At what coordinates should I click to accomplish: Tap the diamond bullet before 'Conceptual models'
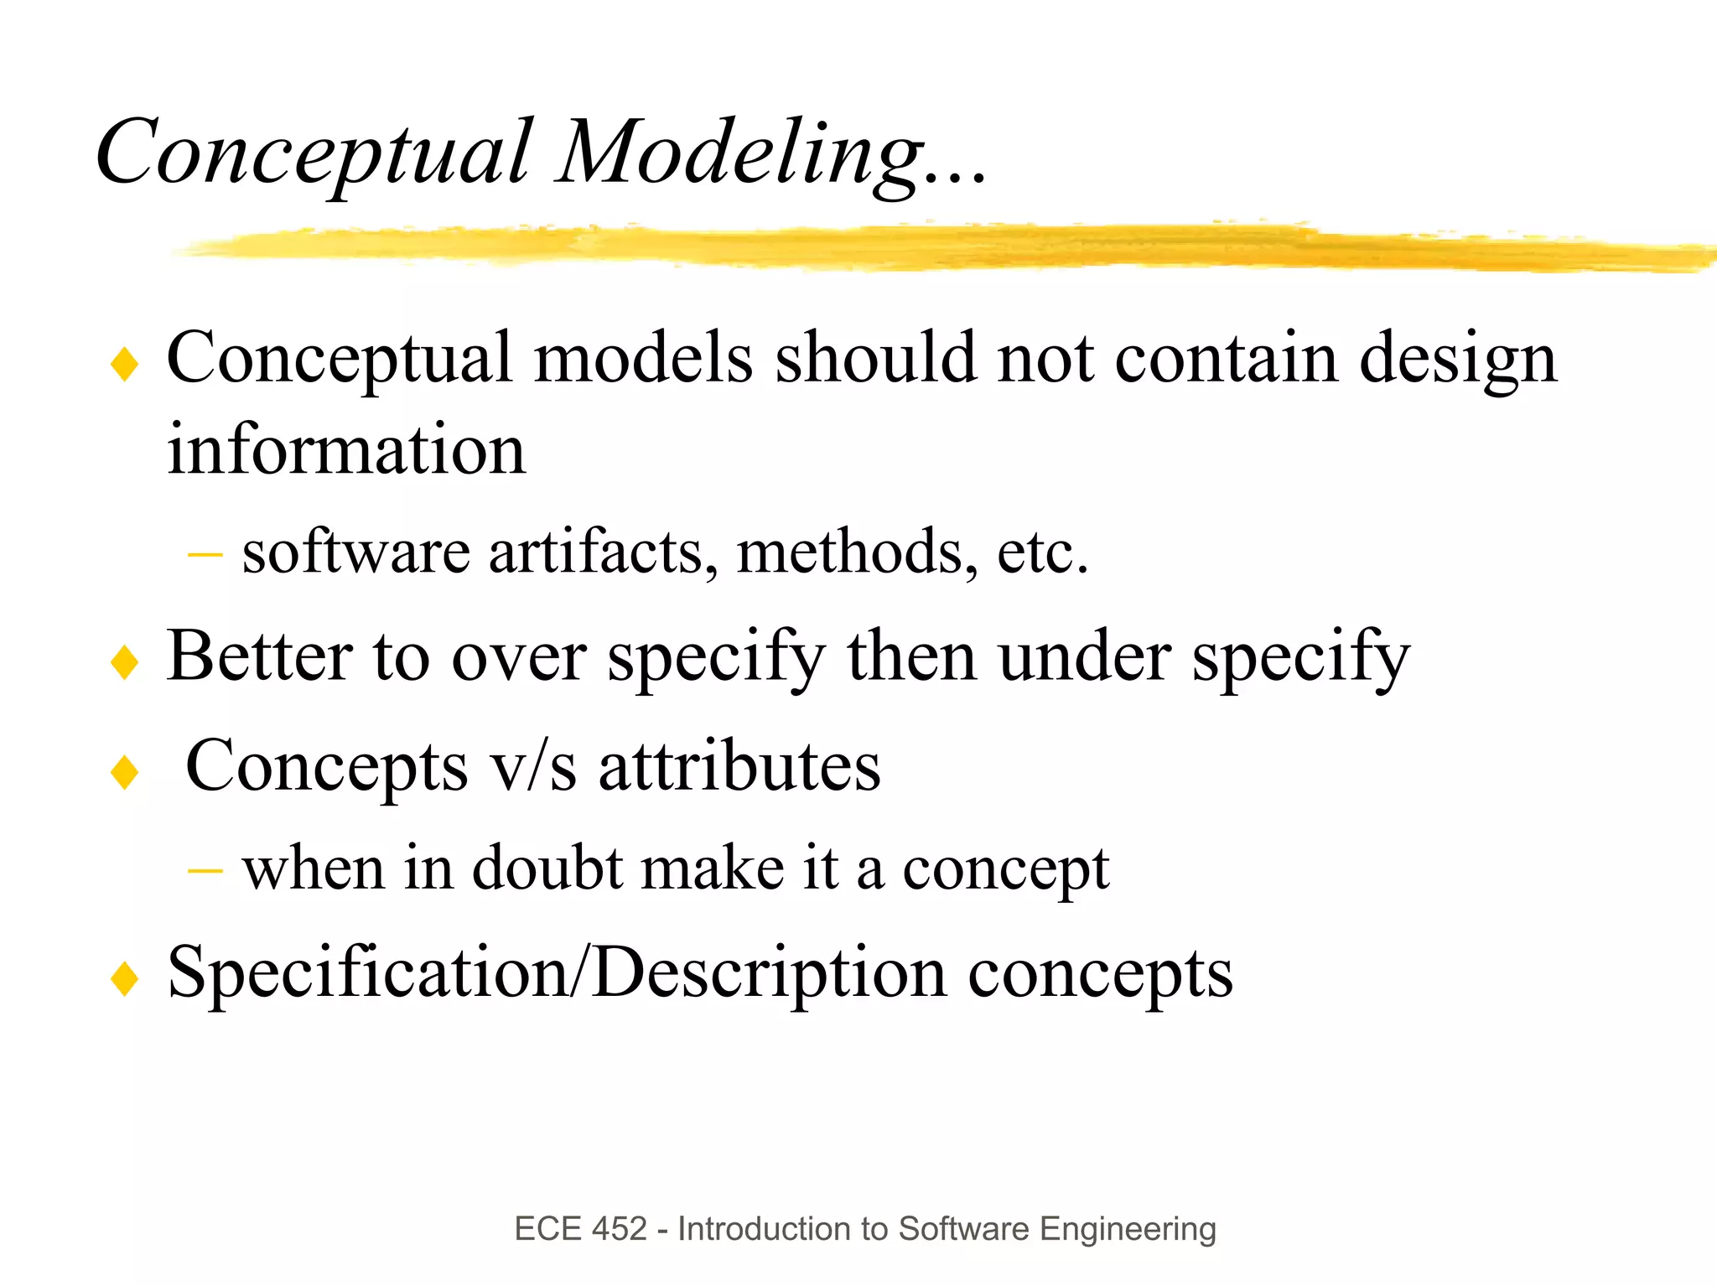[124, 365]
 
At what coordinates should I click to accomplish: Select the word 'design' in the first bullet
[1457, 359]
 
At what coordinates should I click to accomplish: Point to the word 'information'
[346, 449]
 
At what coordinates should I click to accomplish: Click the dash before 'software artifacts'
[205, 554]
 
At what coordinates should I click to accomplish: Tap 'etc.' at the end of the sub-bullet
[1042, 552]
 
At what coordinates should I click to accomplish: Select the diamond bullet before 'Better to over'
[124, 662]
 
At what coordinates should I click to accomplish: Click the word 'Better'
[259, 656]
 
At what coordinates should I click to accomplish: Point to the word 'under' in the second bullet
[1084, 656]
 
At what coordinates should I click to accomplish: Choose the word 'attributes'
[739, 766]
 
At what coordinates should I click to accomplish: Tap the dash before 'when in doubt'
[205, 871]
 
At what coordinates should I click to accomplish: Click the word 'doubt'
[547, 869]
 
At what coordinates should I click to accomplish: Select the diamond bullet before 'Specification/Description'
[124, 978]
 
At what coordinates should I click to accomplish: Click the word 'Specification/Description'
[557, 973]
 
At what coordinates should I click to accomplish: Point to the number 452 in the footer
[620, 1229]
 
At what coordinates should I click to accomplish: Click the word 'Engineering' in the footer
[1127, 1229]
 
